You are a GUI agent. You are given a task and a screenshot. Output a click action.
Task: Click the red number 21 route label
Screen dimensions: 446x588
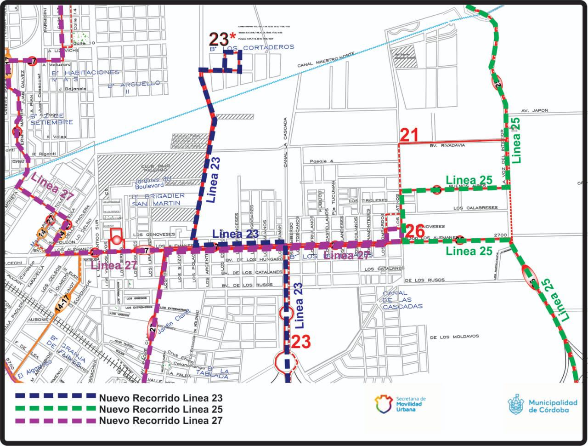pos(409,135)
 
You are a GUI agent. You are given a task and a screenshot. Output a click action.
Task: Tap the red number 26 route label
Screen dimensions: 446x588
pos(414,229)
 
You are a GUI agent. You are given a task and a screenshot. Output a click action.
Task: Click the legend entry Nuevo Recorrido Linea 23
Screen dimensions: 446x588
pos(161,398)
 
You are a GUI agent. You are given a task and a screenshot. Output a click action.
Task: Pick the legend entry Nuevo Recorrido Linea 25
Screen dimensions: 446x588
pos(161,409)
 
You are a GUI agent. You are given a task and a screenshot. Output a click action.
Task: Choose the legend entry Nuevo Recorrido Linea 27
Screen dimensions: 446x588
pos(161,420)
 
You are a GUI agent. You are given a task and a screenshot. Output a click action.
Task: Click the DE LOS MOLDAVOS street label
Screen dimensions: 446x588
pos(454,337)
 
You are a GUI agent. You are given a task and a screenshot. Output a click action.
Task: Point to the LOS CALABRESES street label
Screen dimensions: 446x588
pos(475,208)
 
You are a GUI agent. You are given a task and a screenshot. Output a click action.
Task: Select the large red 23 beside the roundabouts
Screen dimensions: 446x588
pos(301,342)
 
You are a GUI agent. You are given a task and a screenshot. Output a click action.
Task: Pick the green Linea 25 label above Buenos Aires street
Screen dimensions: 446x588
pos(469,179)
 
